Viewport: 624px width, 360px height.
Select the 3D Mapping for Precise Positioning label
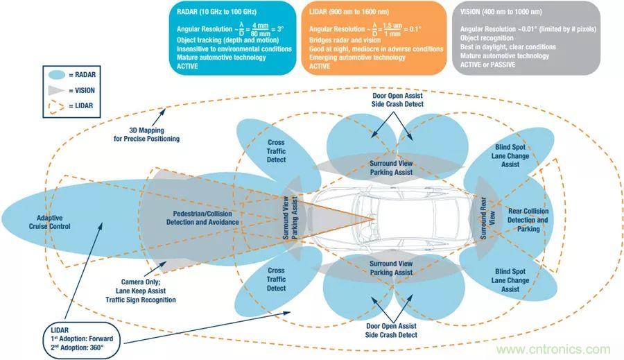[146, 134]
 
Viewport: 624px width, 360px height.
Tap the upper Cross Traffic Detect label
[276, 151]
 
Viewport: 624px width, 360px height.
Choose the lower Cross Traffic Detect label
[276, 279]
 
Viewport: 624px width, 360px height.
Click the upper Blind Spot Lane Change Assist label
[511, 156]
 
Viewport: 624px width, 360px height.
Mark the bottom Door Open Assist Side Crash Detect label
[392, 330]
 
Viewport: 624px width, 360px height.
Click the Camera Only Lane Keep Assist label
[141, 291]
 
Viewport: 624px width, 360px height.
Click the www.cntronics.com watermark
[547, 349]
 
